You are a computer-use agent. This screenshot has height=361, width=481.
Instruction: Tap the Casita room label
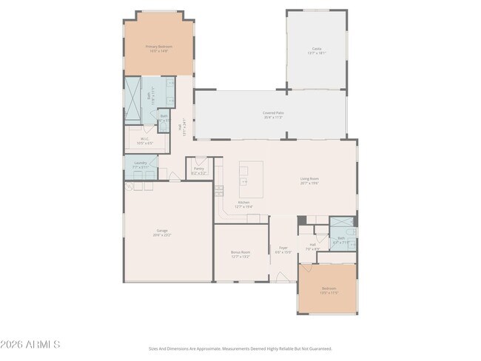[x=316, y=49]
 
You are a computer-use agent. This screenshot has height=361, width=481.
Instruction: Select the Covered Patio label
[x=273, y=112]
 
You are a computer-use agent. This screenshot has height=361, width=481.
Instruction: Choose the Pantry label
[x=198, y=168]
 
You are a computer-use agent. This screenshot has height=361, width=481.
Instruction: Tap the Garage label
[x=162, y=231]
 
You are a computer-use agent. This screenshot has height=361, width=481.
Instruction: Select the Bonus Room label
[x=241, y=252]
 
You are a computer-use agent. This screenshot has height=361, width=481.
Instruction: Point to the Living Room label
[x=309, y=178]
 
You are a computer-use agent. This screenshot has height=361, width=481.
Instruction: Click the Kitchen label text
[x=243, y=203]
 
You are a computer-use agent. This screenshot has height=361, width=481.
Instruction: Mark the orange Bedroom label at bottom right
[x=329, y=288]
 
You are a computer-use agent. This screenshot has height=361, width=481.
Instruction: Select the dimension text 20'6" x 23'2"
[x=162, y=235]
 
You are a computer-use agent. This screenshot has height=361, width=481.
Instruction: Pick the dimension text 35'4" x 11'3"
[x=273, y=117]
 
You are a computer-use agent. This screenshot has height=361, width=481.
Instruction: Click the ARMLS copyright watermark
[x=30, y=345]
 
